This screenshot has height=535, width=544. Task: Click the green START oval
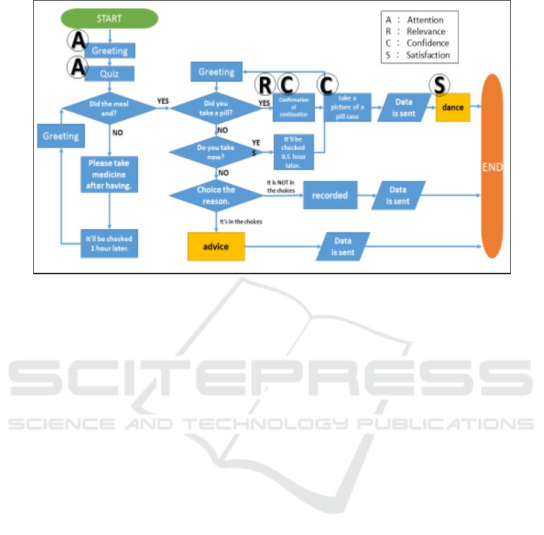[109, 18]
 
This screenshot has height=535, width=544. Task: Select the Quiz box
[109, 73]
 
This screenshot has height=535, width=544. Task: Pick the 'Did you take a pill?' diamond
[217, 108]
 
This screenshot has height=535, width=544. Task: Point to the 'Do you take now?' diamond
[216, 152]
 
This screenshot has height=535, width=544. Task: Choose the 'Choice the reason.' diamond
[216, 194]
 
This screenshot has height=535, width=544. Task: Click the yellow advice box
[216, 246]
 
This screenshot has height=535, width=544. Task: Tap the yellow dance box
[453, 108]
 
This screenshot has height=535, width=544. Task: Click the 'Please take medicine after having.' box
[109, 175]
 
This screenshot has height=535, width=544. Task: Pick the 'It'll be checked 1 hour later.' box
[109, 243]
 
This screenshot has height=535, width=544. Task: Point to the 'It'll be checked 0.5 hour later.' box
[294, 152]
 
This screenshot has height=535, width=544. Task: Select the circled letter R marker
[265, 84]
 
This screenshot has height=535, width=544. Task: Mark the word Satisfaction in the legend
[428, 55]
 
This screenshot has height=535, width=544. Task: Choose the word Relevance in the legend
[426, 31]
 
